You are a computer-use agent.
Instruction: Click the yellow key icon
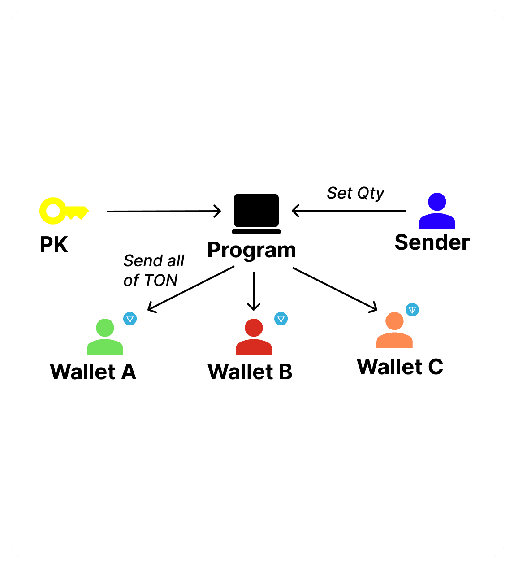pyautogui.click(x=63, y=211)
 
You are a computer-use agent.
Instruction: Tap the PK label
pyautogui.click(x=54, y=245)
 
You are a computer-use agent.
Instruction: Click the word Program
pyautogui.click(x=251, y=250)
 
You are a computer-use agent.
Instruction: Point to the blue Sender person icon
pyautogui.click(x=437, y=211)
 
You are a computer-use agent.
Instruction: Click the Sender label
pyautogui.click(x=432, y=242)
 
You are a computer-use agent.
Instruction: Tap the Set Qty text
pyautogui.click(x=355, y=193)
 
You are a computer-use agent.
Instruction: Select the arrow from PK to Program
pyautogui.click(x=164, y=211)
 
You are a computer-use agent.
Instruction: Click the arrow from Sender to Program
pyautogui.click(x=349, y=211)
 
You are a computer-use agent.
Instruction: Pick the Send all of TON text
pyautogui.click(x=153, y=270)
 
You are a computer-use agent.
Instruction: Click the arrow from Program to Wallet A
pyautogui.click(x=191, y=289)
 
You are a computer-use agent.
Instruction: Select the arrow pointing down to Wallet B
pyautogui.click(x=254, y=291)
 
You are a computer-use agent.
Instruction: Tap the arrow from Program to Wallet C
pyautogui.click(x=335, y=289)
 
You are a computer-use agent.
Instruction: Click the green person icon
pyautogui.click(x=105, y=337)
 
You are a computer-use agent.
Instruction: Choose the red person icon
pyautogui.click(x=254, y=337)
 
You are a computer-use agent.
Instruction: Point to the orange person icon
pyautogui.click(x=394, y=331)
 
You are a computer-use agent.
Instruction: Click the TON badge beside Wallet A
pyautogui.click(x=130, y=319)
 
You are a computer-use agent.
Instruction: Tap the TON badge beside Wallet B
pyautogui.click(x=281, y=319)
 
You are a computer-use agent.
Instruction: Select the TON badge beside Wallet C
pyautogui.click(x=412, y=310)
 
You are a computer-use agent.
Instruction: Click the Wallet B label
pyautogui.click(x=250, y=372)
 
